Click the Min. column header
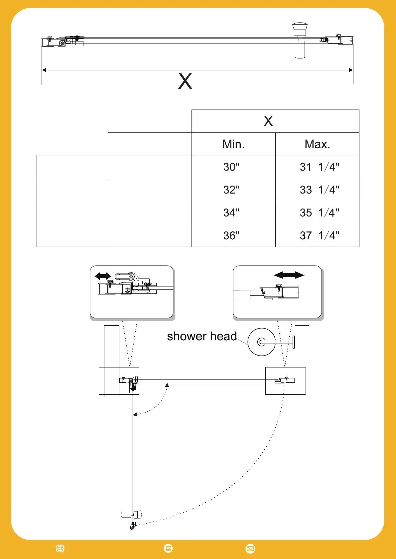[233, 144]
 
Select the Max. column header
[317, 144]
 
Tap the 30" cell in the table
[231, 167]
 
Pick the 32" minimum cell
[231, 190]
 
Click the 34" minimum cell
[231, 212]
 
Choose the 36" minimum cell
[231, 235]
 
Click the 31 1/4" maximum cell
[320, 167]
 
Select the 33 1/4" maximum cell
[320, 190]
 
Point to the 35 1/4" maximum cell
[320, 212]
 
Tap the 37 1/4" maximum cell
[320, 235]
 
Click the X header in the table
[268, 121]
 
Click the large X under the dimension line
[185, 81]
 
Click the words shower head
[202, 336]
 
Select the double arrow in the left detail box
[103, 276]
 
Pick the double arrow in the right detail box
[289, 275]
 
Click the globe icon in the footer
[60, 548]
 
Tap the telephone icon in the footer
[168, 548]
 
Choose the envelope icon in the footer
[250, 549]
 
